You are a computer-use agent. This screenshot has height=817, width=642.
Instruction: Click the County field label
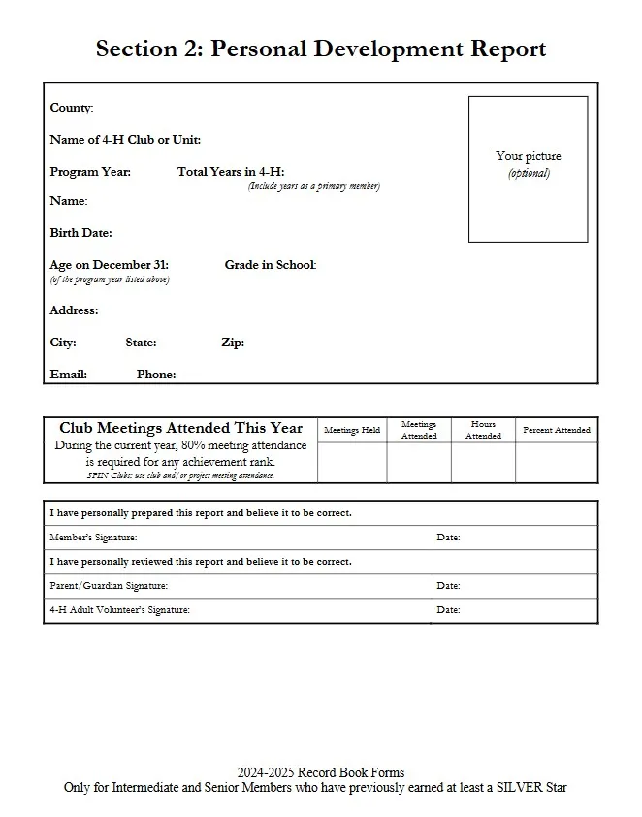(71, 108)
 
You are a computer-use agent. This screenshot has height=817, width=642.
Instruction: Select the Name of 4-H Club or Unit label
(125, 140)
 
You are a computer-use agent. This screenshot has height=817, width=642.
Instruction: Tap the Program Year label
(90, 172)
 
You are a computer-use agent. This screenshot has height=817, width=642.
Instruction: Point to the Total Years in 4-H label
(231, 172)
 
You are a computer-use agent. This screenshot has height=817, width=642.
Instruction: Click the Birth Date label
(80, 233)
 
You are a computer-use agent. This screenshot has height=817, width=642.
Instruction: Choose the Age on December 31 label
(109, 265)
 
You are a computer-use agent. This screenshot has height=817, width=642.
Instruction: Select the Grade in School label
(271, 265)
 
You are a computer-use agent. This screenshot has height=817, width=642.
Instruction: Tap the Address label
(74, 310)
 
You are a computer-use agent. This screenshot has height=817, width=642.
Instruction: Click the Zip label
(233, 343)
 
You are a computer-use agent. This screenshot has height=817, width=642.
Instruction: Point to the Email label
(68, 375)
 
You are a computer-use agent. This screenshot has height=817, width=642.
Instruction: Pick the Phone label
(156, 375)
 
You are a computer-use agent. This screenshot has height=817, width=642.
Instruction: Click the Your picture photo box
(528, 168)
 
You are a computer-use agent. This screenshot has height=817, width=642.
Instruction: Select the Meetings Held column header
(352, 430)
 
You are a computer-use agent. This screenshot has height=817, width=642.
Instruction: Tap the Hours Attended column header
(483, 430)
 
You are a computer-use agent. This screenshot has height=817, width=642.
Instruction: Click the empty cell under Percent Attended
(557, 463)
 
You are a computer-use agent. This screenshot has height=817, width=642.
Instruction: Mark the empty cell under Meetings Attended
(419, 463)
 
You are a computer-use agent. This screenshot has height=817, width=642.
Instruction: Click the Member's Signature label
(93, 538)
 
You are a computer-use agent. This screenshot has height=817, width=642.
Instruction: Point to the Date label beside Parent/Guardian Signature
(448, 586)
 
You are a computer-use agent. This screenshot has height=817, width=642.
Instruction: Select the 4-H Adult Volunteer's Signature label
(119, 610)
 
